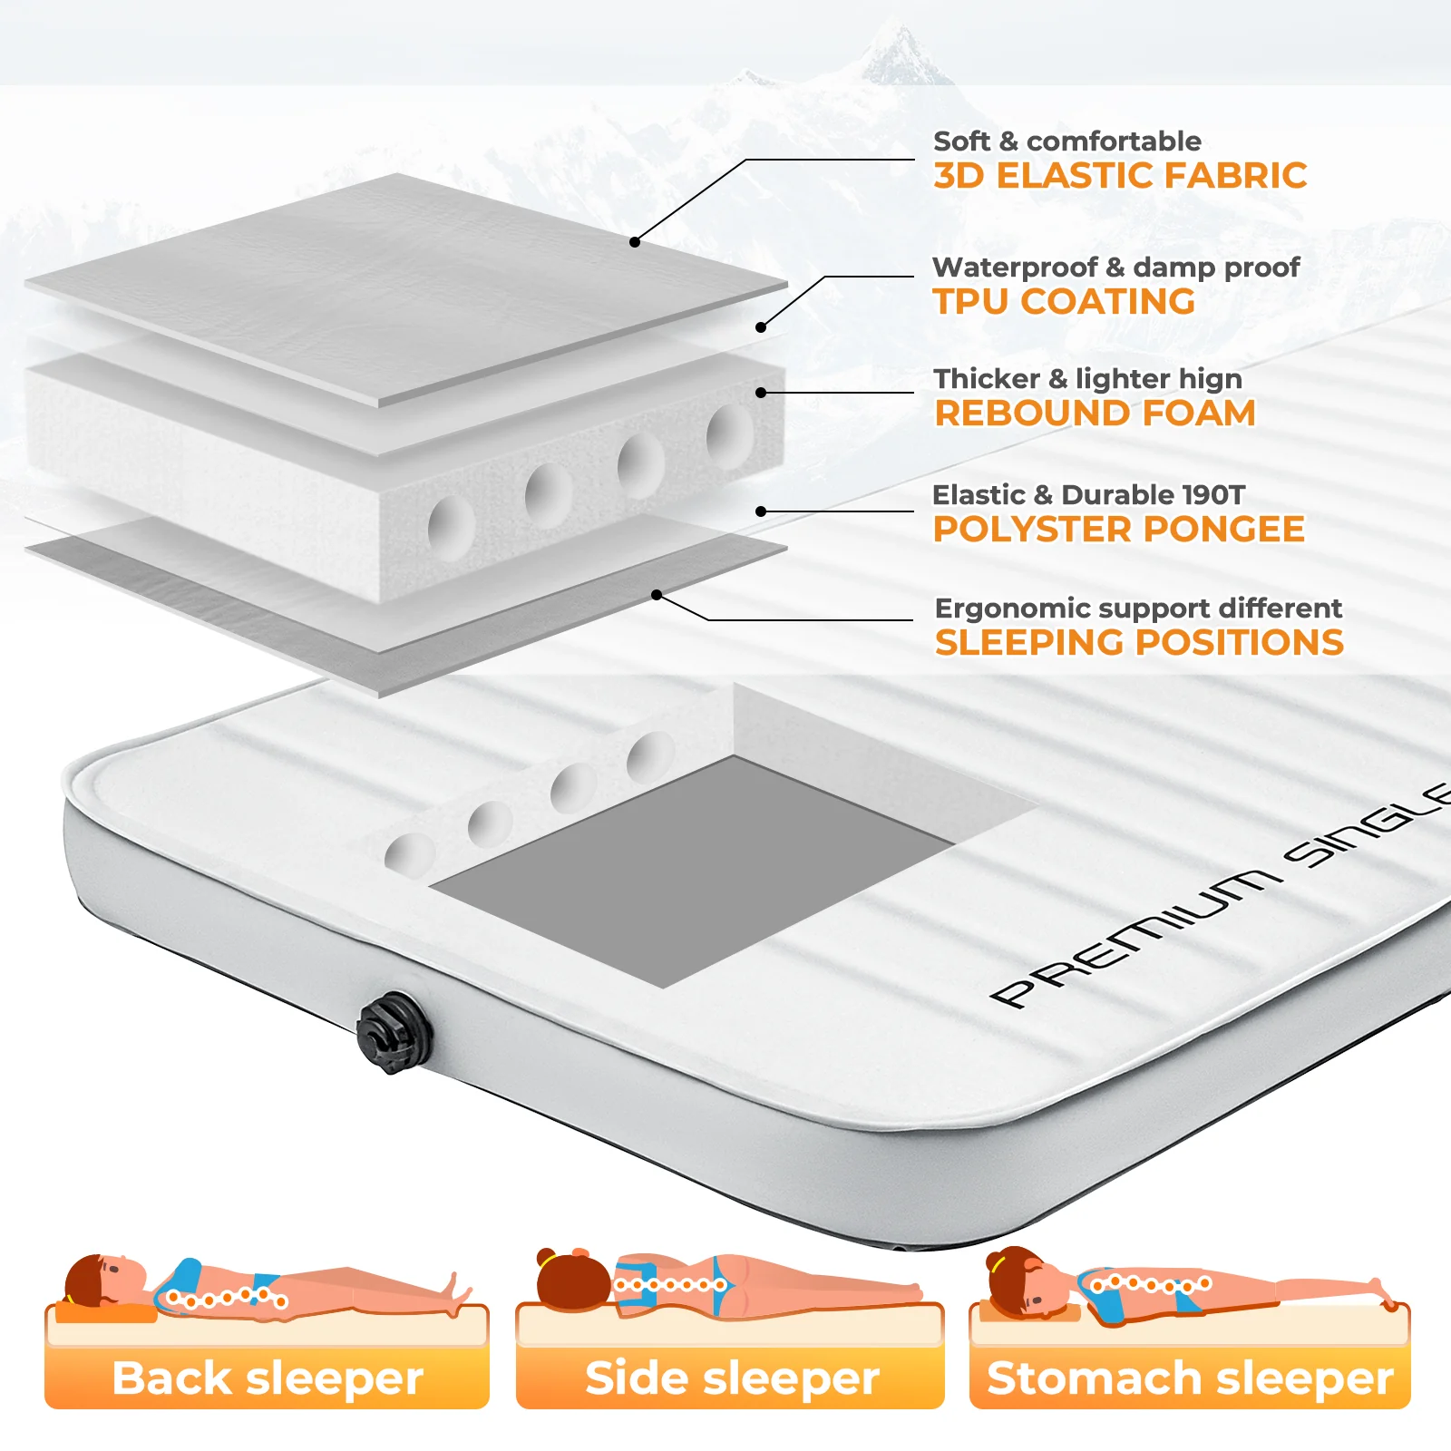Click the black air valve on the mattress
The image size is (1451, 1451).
point(391,1033)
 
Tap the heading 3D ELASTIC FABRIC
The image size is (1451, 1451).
point(1120,175)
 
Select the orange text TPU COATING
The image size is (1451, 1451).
point(1064,301)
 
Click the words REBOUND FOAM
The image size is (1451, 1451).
point(1096,413)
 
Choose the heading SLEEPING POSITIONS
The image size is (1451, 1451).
point(1139,642)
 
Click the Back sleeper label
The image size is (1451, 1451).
point(268,1378)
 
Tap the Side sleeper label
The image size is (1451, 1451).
point(732,1378)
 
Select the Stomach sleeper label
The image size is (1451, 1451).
point(1190,1378)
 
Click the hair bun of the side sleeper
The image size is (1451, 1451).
point(546,1259)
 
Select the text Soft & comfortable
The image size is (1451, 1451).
point(1067,141)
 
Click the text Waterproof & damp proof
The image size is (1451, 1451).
point(1115,268)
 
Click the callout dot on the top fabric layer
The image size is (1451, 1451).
point(635,242)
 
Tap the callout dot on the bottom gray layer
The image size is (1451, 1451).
point(657,595)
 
